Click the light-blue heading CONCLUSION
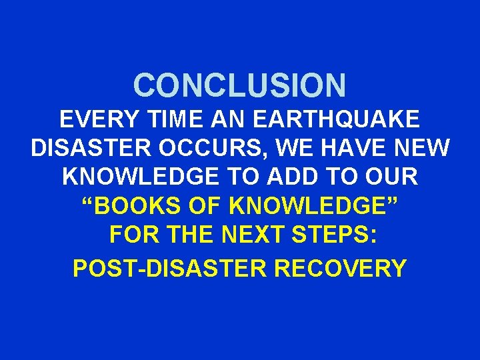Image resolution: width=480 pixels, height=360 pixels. (x=240, y=85)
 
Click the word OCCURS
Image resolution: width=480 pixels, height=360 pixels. (x=199, y=148)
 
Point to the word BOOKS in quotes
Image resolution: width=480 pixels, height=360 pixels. (x=133, y=206)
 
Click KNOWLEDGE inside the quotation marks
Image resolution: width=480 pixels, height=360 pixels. (x=313, y=206)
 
